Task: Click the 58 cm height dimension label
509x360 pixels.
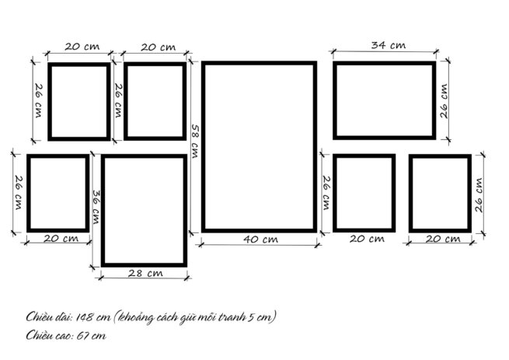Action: click(195, 141)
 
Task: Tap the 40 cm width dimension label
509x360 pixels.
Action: click(260, 239)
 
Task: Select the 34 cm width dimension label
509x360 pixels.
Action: click(389, 45)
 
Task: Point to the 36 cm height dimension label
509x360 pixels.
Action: click(96, 207)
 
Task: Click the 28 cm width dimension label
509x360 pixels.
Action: click(145, 273)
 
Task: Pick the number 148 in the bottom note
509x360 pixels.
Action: click(82, 316)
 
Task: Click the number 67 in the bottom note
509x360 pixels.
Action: click(82, 335)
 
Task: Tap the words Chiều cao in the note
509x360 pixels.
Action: click(50, 335)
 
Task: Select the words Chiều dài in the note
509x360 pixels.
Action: click(49, 316)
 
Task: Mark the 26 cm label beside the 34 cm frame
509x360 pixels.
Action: click(444, 101)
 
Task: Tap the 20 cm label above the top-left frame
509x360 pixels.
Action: click(82, 47)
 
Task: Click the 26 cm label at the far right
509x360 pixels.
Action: click(479, 195)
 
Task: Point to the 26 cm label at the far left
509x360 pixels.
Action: click(19, 193)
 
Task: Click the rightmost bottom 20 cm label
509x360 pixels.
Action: click(443, 239)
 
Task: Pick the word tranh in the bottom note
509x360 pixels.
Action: click(232, 316)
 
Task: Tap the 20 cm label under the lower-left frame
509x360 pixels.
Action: click(61, 239)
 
